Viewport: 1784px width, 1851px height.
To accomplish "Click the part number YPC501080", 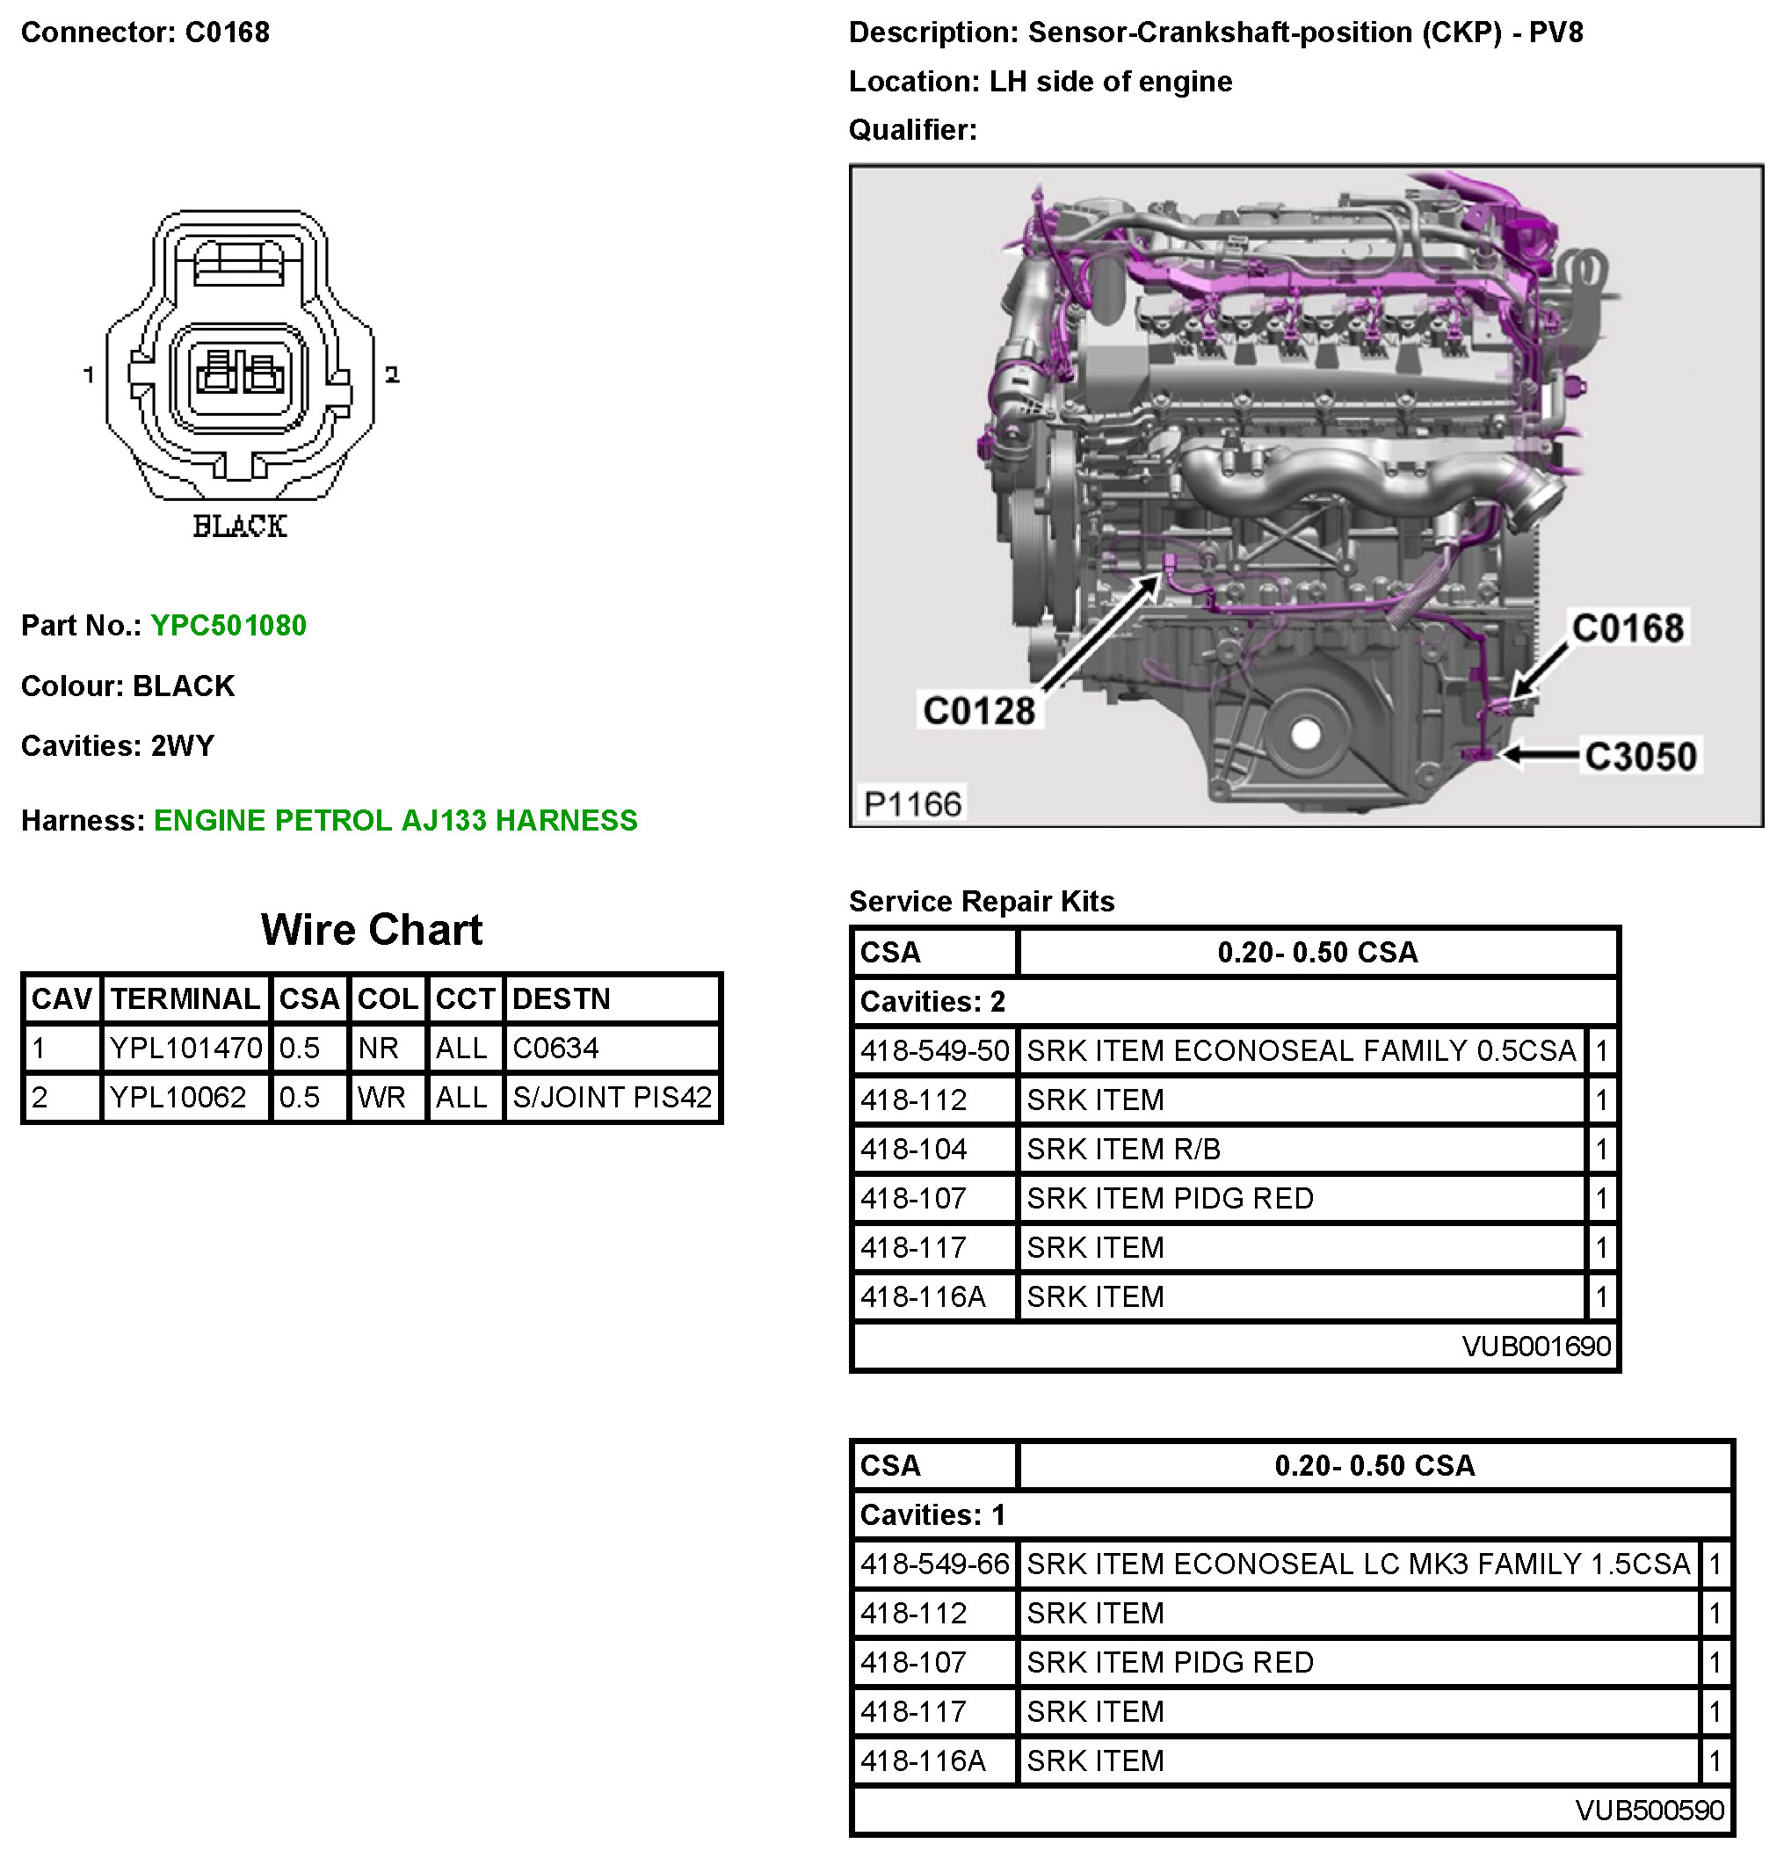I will tap(228, 625).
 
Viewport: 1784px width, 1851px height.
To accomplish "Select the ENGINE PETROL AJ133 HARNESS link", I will tap(395, 820).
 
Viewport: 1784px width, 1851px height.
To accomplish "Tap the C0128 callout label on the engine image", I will tap(978, 710).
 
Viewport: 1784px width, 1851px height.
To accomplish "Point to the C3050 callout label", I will tap(1641, 756).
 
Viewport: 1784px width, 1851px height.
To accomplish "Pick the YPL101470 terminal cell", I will tap(185, 1049).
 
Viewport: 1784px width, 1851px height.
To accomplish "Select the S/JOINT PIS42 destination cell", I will tap(611, 1098).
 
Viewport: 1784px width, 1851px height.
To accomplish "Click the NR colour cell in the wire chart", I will tap(378, 1049).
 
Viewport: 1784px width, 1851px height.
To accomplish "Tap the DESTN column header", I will tap(561, 999).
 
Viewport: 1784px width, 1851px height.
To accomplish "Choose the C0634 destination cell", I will tap(555, 1049).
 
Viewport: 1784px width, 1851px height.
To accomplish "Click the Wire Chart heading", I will tap(371, 930).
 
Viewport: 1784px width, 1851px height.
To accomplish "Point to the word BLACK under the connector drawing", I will tap(239, 526).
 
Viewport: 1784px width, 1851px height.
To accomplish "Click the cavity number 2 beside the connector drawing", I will tap(392, 375).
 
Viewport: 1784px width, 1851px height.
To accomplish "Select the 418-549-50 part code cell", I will tap(934, 1051).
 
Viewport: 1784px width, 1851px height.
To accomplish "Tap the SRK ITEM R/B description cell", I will tap(1123, 1150).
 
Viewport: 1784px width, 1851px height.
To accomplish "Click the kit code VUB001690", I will tap(1535, 1346).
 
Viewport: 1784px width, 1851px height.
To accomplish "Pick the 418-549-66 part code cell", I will tap(934, 1564).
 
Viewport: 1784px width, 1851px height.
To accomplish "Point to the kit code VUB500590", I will tap(1649, 1811).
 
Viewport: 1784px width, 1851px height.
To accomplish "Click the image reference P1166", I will tap(912, 804).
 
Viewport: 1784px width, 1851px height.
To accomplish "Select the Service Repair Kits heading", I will tap(982, 902).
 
